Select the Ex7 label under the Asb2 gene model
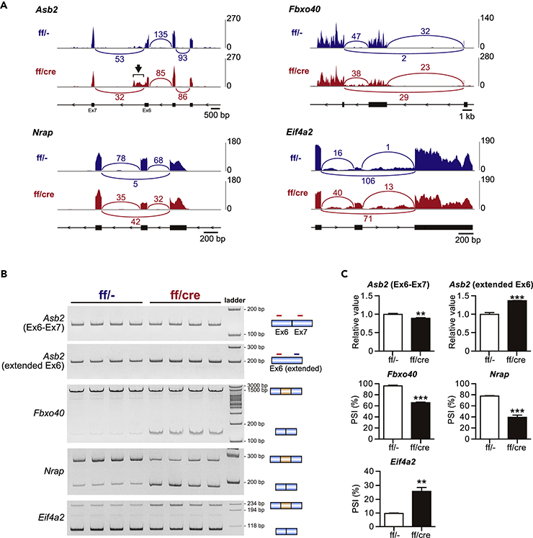pyautogui.click(x=92, y=111)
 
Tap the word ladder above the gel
pyautogui.click(x=235, y=299)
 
